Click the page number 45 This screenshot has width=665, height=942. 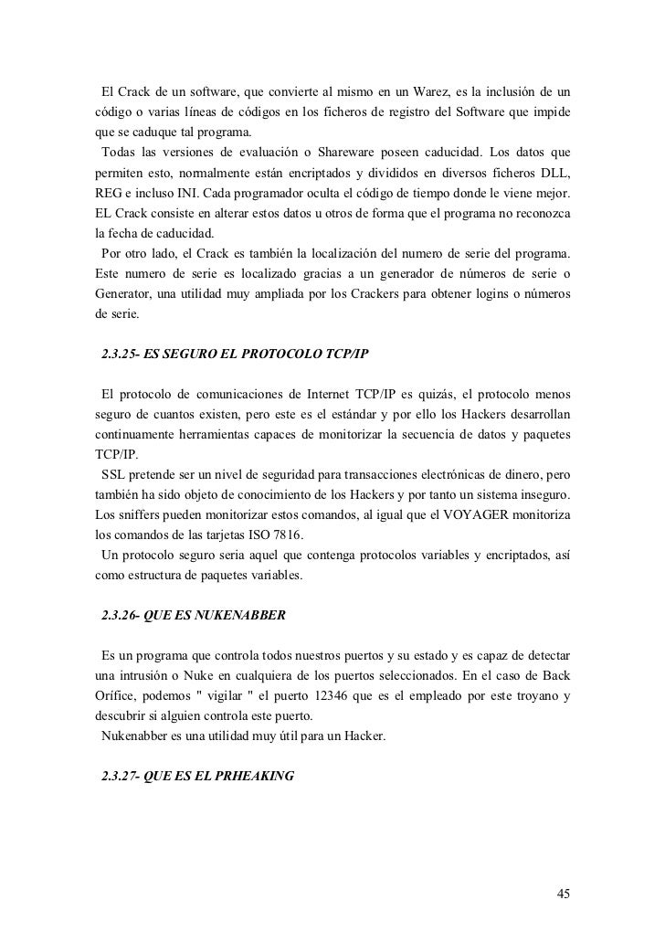564,893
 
